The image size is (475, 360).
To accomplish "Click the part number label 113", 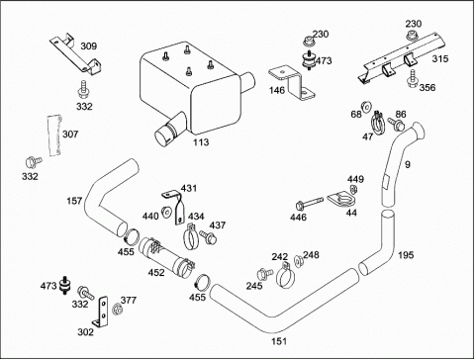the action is [x=201, y=142].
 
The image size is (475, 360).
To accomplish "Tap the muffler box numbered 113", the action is [x=198, y=94].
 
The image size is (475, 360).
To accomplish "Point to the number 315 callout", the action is [x=440, y=58].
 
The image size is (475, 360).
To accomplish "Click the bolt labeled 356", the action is [x=412, y=79].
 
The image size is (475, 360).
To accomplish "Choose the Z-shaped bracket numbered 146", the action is [x=291, y=84].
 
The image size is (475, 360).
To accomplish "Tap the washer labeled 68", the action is [x=366, y=106].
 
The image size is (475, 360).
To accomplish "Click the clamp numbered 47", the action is [x=378, y=123].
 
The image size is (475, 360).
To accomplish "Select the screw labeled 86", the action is [x=396, y=124].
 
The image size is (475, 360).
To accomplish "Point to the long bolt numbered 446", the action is [x=310, y=204].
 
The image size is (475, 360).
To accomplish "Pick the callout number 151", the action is [x=279, y=341].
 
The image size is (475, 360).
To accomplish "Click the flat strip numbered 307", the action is [x=55, y=135].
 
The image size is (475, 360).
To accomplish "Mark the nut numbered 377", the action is [x=117, y=309].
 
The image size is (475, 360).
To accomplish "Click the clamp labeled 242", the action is [x=285, y=277].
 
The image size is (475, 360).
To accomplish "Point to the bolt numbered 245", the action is [x=264, y=274].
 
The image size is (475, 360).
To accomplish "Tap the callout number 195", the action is [x=406, y=255].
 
